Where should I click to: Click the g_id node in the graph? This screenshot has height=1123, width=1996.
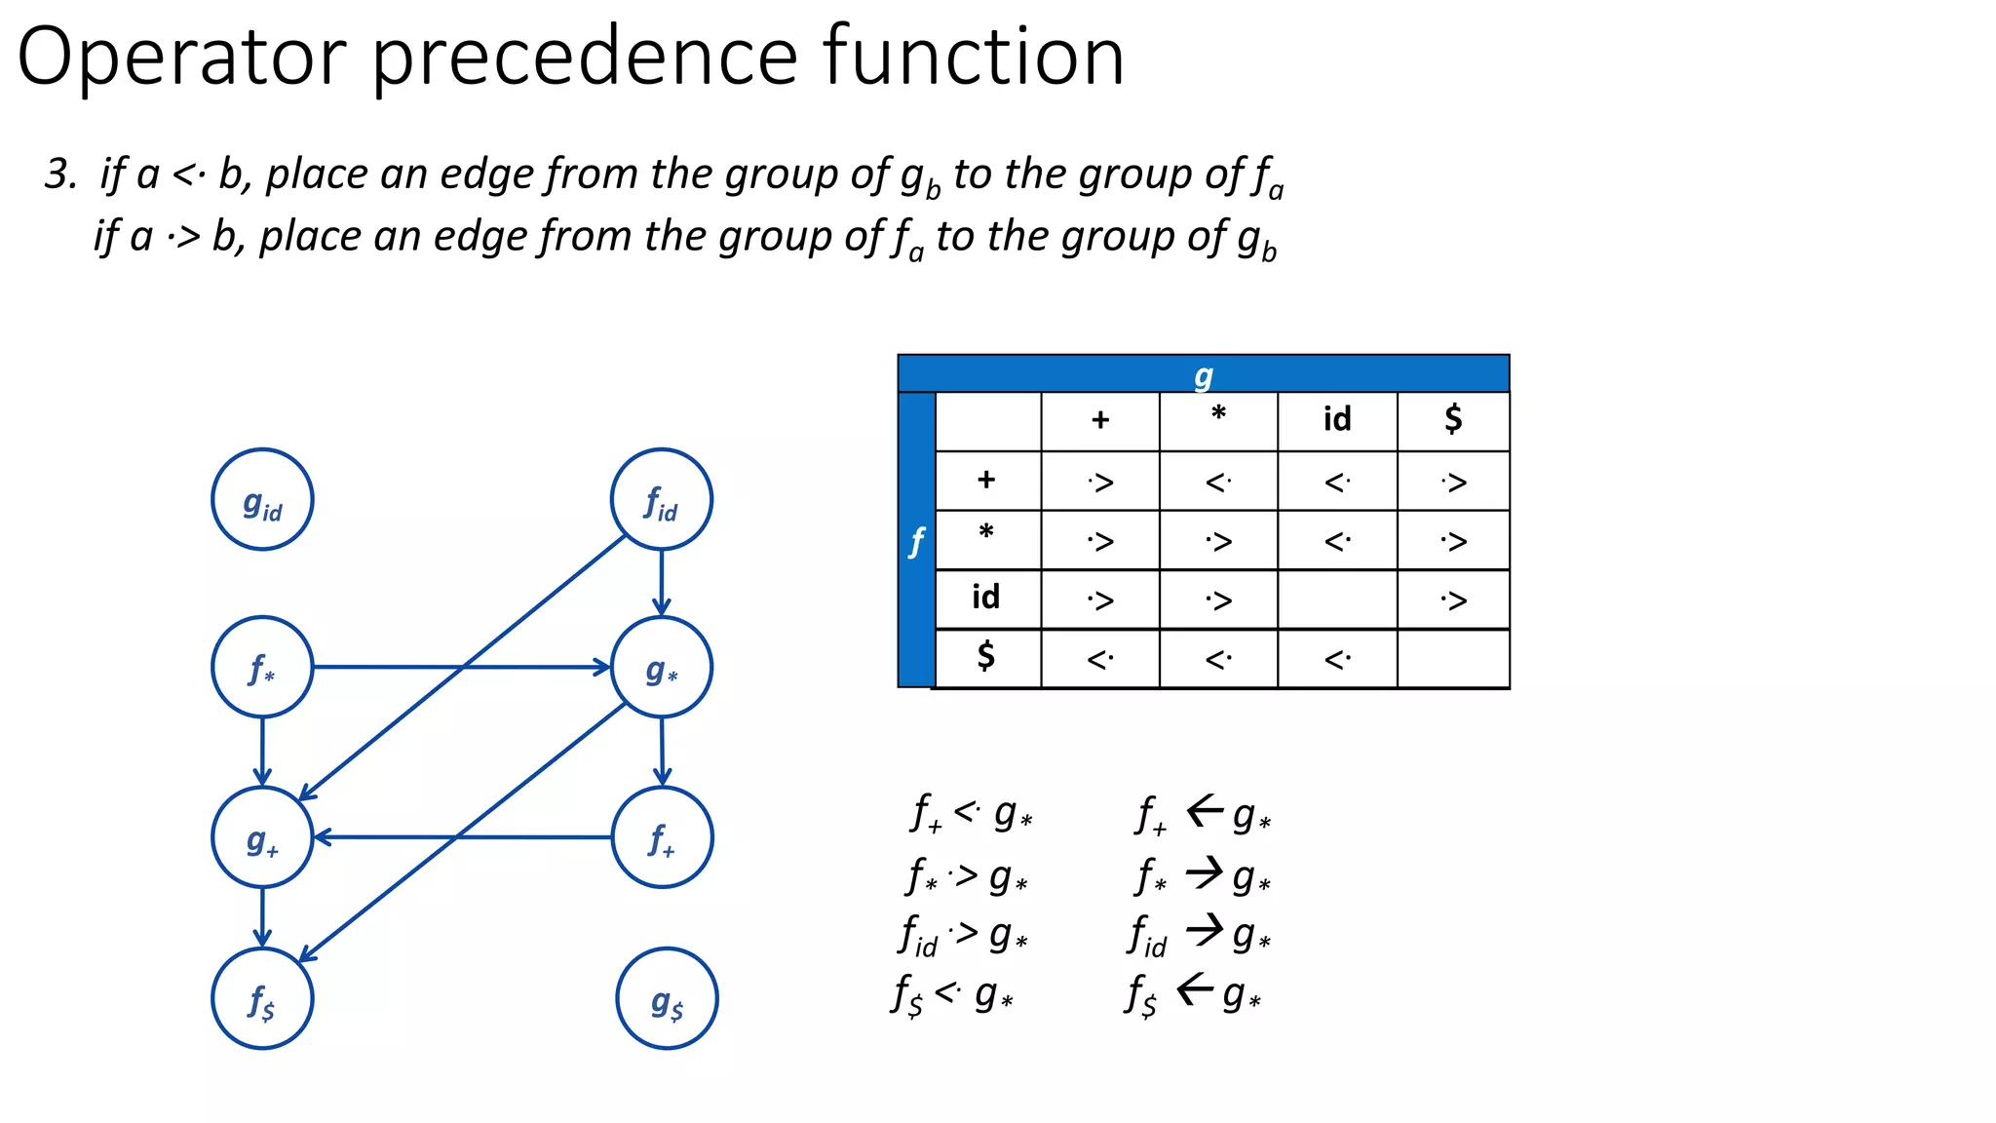(262, 499)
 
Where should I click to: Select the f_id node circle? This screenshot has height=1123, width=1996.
(662, 499)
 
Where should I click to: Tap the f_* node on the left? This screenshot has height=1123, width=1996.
(262, 668)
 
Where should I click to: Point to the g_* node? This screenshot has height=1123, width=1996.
(662, 668)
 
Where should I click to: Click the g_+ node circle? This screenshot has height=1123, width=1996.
(262, 837)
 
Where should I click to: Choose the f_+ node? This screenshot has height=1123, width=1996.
(662, 837)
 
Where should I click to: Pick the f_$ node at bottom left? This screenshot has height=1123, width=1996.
(262, 998)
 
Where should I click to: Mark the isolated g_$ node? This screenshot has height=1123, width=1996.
(667, 998)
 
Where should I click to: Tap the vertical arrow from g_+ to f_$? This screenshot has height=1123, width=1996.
(262, 917)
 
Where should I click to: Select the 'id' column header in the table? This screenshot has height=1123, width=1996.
(1337, 420)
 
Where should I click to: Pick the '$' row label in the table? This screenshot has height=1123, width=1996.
(985, 656)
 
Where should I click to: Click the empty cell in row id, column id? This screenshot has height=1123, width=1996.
(1337, 600)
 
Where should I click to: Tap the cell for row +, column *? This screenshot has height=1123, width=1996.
(1218, 482)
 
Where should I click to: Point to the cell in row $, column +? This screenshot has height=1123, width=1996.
(1099, 660)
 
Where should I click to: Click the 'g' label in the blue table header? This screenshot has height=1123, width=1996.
(1204, 375)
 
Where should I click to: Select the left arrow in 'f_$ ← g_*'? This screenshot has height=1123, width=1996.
(1195, 990)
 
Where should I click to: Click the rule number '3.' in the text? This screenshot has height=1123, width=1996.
(60, 175)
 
